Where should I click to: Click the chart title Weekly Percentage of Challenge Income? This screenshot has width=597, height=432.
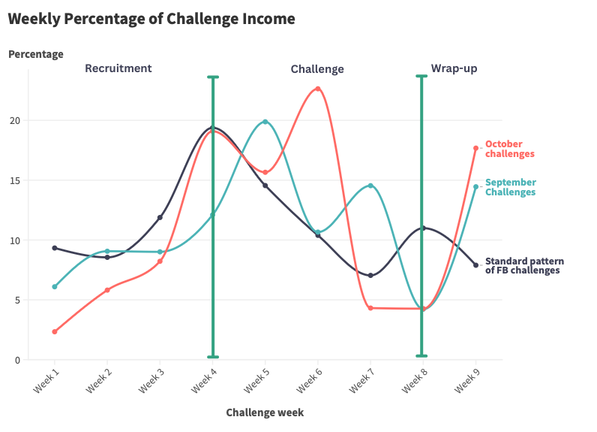pyautogui.click(x=151, y=19)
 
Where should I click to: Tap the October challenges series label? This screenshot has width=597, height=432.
pyautogui.click(x=509, y=149)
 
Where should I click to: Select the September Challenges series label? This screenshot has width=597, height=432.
pyautogui.click(x=510, y=187)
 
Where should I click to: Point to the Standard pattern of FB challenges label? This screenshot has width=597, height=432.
pyautogui.click(x=523, y=266)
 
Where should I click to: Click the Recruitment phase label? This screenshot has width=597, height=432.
pyautogui.click(x=118, y=68)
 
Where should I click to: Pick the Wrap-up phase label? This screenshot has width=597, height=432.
pyautogui.click(x=454, y=68)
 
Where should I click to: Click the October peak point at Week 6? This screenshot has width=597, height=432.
pyautogui.click(x=318, y=89)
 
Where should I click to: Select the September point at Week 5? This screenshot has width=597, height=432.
pyautogui.click(x=265, y=122)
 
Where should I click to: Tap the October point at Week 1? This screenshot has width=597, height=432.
pyautogui.click(x=55, y=331)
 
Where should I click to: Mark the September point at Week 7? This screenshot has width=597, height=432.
pyautogui.click(x=370, y=186)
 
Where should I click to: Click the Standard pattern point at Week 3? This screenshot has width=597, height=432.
pyautogui.click(x=160, y=218)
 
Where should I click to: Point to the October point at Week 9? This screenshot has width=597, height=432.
pyautogui.click(x=475, y=148)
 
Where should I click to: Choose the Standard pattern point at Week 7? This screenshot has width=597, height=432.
pyautogui.click(x=370, y=276)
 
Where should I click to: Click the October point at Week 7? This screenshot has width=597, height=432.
pyautogui.click(x=370, y=308)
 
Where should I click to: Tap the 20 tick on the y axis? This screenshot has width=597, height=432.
pyautogui.click(x=16, y=120)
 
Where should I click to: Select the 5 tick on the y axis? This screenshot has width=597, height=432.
pyautogui.click(x=18, y=300)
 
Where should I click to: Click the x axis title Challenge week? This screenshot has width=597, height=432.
pyautogui.click(x=265, y=412)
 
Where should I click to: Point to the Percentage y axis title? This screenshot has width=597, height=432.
pyautogui.click(x=35, y=54)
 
